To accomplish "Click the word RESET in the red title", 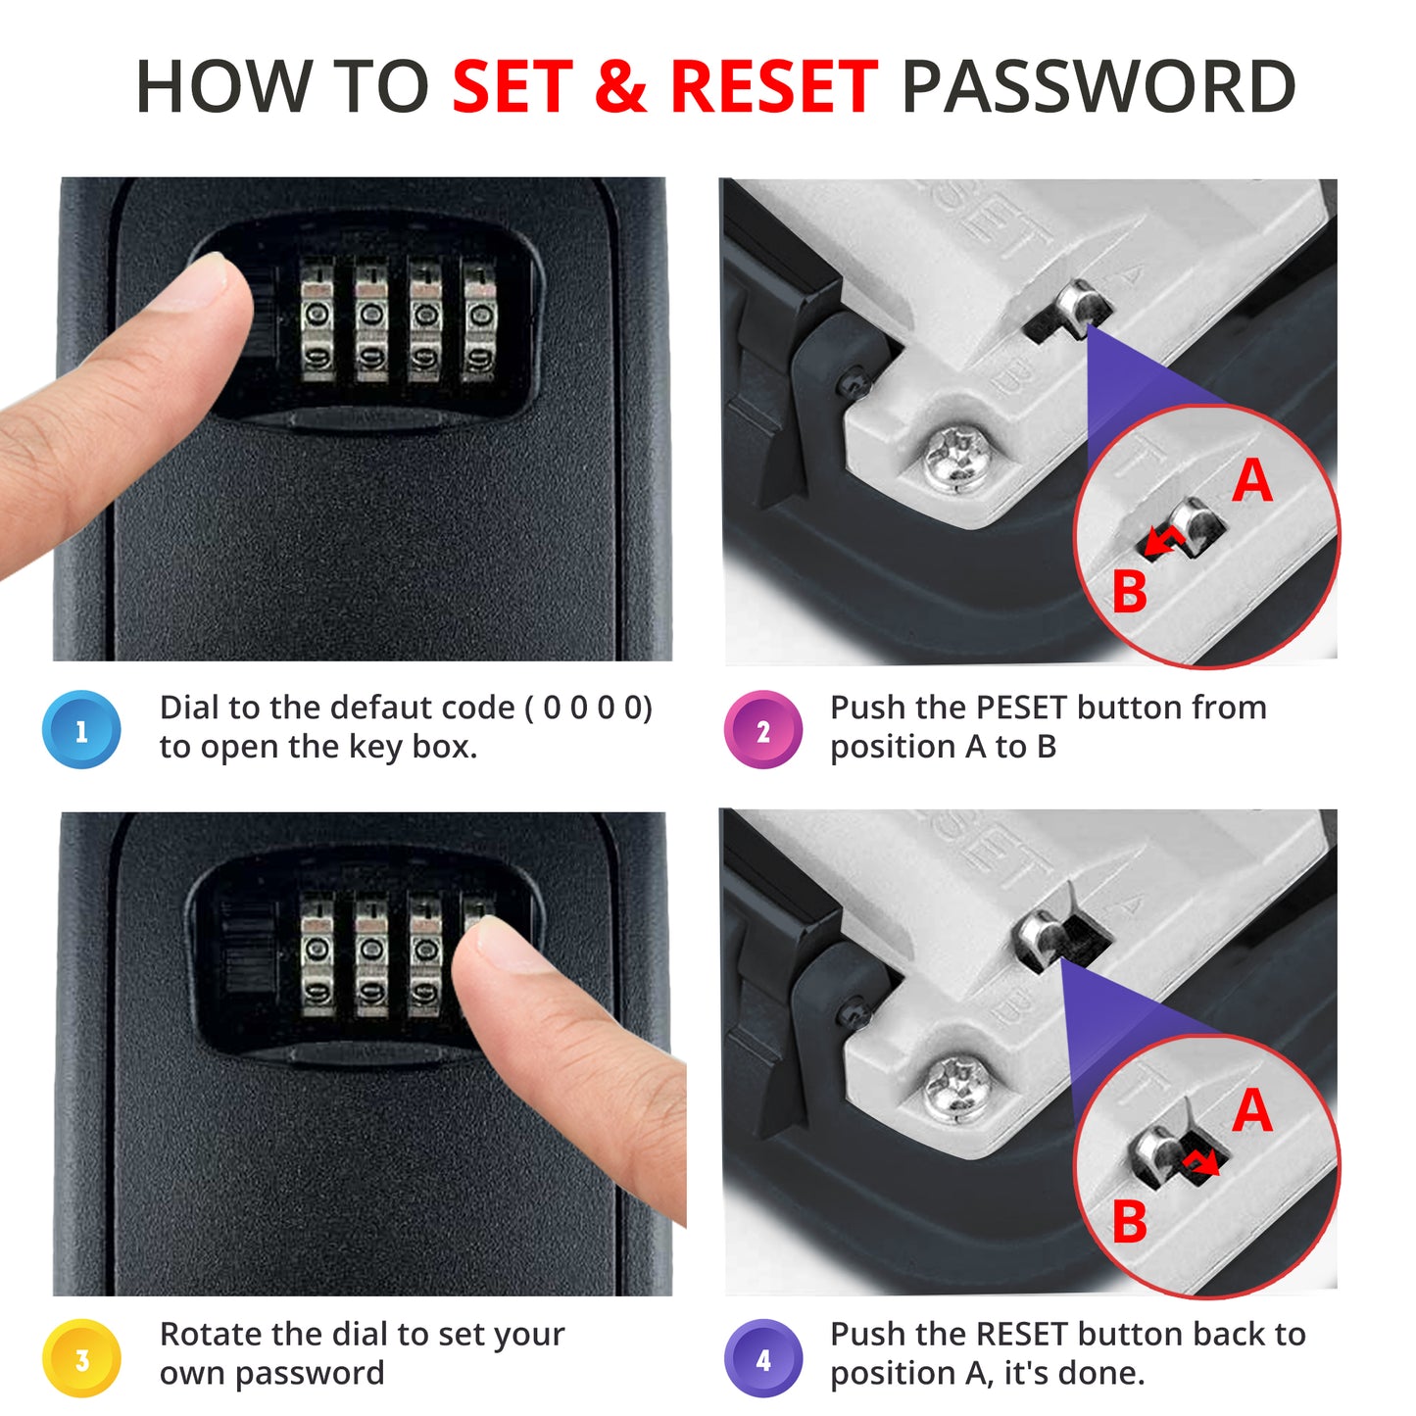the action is [x=774, y=86].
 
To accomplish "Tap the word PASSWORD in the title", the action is [x=1098, y=86].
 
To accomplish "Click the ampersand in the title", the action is [x=621, y=86].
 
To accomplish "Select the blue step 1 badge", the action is [x=81, y=730].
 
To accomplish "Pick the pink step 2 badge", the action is [x=762, y=730].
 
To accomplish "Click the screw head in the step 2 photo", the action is [x=957, y=460].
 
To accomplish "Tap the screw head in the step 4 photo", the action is [x=956, y=1089].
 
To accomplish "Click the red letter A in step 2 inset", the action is [x=1252, y=480].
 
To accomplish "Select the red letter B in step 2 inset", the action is [x=1130, y=591].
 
